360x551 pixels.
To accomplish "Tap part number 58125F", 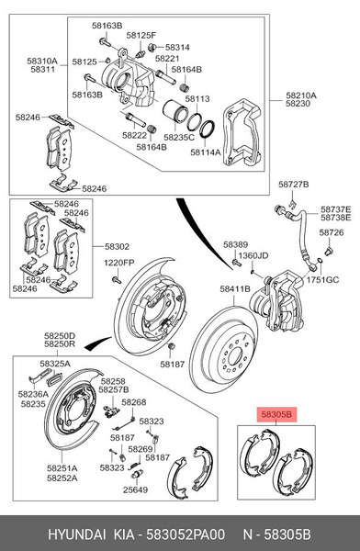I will (141, 35).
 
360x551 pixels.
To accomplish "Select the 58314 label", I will (177, 47).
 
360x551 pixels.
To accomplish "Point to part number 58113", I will (197, 98).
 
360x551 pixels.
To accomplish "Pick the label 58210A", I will (300, 95).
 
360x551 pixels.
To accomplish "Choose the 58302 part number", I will (117, 247).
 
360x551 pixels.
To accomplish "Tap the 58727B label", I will (293, 185).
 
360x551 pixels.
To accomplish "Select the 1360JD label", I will (255, 255).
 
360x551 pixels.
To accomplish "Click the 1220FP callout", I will (118, 263).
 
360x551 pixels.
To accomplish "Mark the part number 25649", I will (135, 489).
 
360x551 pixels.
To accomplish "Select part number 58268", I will (133, 402).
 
